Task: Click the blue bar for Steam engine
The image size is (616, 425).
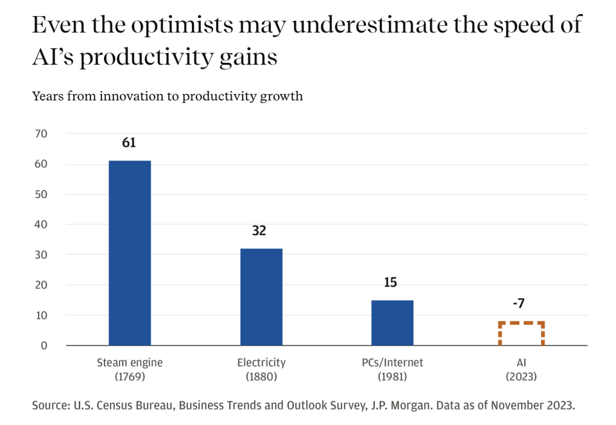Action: tap(130, 253)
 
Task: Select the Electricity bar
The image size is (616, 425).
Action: tap(261, 297)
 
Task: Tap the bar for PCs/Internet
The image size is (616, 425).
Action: tap(392, 322)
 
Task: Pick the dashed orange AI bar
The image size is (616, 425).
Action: tap(521, 333)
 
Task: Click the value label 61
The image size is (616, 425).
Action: tap(129, 142)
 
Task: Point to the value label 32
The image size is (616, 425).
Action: tap(259, 231)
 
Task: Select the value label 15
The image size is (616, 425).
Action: tap(391, 282)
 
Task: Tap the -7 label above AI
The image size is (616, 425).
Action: tap(520, 303)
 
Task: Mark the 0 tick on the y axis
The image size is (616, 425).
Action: tap(44, 346)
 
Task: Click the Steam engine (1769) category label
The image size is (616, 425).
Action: tap(130, 369)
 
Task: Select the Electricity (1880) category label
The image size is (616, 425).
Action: tap(261, 369)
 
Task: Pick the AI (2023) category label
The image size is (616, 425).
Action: tap(521, 369)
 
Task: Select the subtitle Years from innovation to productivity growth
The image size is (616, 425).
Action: tap(167, 96)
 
